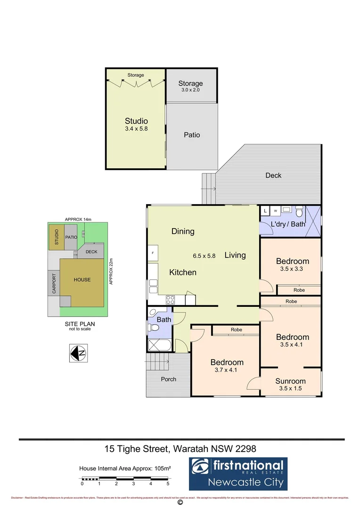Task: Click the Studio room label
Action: click(136, 121)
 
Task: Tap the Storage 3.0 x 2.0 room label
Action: click(190, 83)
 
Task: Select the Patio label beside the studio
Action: click(192, 135)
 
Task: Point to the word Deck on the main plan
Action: click(273, 175)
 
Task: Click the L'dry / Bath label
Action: click(288, 224)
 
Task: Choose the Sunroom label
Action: click(290, 381)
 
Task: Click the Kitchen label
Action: click(183, 272)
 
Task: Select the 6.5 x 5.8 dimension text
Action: click(204, 256)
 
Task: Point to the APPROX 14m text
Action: click(77, 219)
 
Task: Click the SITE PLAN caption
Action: click(78, 324)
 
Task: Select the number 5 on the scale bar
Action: click(168, 484)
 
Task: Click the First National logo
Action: click(237, 474)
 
